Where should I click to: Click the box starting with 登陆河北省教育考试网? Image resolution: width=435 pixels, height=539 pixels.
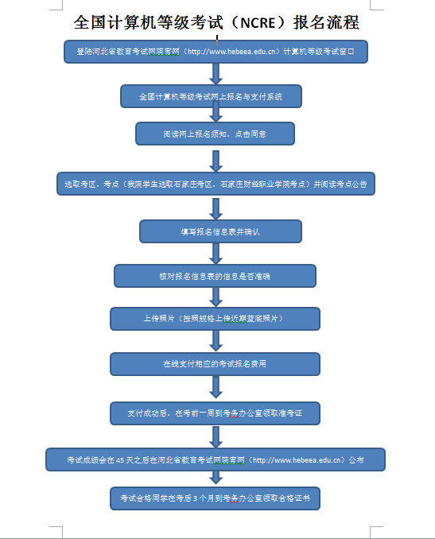pos(215,52)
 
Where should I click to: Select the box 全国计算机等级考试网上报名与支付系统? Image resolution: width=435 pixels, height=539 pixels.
pos(211,96)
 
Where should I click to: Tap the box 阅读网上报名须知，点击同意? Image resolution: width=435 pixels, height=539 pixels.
pos(215,133)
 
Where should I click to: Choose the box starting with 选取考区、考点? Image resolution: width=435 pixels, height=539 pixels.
pos(215,184)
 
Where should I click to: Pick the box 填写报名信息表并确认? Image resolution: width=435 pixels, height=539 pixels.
pos(220,231)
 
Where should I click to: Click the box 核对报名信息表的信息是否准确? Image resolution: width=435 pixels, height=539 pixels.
pos(215,275)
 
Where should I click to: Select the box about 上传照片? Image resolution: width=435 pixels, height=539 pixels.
pos(215,318)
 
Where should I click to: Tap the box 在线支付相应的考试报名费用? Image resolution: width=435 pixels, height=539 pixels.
pos(215,363)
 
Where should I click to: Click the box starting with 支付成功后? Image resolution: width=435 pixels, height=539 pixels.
pos(215,413)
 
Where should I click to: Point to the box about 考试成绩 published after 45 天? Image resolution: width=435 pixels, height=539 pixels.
pos(215,460)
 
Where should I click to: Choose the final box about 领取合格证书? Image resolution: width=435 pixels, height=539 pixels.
pos(215,498)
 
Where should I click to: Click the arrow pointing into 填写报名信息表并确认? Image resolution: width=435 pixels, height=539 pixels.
pos(215,208)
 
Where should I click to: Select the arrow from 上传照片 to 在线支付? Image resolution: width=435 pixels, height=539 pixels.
pos(215,340)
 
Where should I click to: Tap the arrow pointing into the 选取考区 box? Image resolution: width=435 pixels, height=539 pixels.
pos(215,160)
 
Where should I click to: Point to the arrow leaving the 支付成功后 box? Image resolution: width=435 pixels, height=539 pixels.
pos(215,436)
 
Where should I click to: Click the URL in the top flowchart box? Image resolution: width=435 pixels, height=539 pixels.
pos(235,52)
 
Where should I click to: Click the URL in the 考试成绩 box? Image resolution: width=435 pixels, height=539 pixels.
pos(297,460)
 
